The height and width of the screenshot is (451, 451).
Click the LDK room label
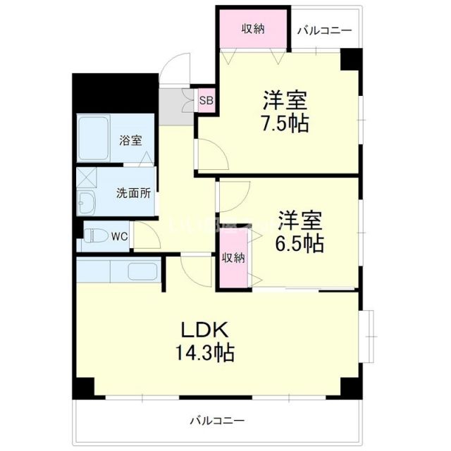click(205, 329)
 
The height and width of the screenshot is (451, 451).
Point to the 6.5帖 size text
click(300, 243)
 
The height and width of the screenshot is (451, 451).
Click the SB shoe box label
click(206, 100)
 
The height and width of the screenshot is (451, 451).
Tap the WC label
click(119, 236)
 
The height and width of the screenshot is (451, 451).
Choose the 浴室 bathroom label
click(130, 140)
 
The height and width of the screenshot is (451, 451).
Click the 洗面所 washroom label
click(133, 192)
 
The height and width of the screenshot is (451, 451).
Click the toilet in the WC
click(93, 235)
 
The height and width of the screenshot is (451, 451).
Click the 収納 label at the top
click(254, 29)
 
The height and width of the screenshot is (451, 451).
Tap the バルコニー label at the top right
click(324, 30)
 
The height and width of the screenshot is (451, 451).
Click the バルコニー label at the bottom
click(216, 420)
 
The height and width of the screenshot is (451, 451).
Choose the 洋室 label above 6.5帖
click(300, 220)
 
